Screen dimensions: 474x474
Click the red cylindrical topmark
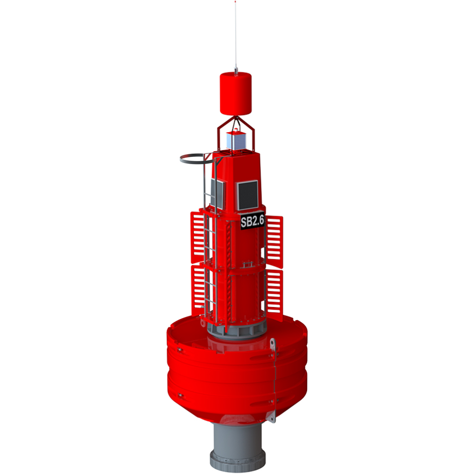tap(235, 94)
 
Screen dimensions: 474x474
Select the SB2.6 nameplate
tap(252, 221)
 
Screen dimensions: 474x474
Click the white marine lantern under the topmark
tap(235, 141)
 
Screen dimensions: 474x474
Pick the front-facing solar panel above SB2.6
tap(248, 193)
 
